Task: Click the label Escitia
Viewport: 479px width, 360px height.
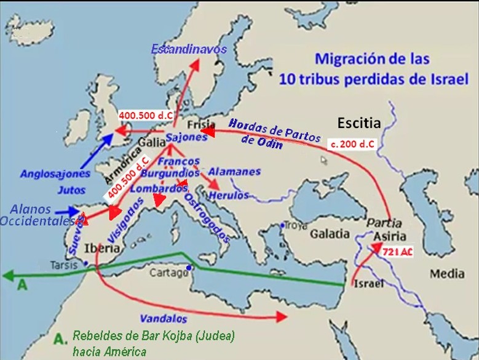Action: pos(358,123)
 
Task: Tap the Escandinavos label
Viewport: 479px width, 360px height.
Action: pos(189,49)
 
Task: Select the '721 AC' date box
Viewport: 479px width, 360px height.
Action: pos(397,252)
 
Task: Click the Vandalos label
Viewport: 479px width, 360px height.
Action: pos(163,319)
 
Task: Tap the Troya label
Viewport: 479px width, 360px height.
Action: pos(296,225)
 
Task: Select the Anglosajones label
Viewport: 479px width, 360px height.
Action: pos(55,174)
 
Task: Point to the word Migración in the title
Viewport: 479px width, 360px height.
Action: pos(351,59)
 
